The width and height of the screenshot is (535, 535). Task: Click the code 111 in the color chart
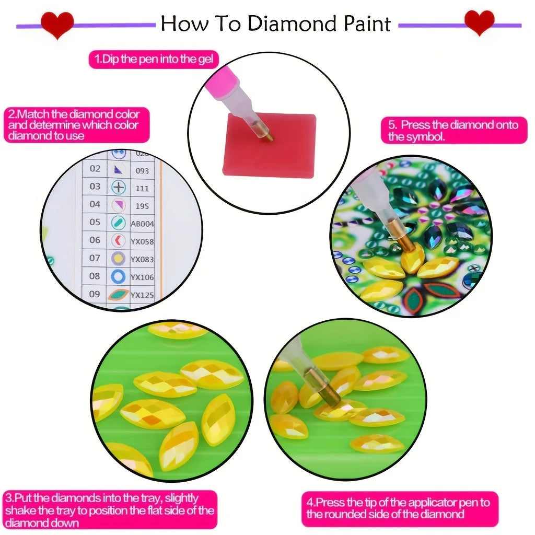click(x=142, y=188)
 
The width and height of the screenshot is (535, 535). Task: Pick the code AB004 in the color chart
click(x=142, y=224)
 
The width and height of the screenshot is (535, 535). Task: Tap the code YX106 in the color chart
click(x=142, y=277)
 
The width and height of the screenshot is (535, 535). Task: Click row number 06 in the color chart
click(x=95, y=240)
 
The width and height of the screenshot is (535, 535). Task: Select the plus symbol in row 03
click(x=119, y=187)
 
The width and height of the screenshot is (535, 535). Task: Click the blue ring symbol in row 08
click(x=119, y=276)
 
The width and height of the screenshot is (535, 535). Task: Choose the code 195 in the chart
click(x=142, y=206)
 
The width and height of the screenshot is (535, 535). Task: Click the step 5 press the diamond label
click(x=453, y=131)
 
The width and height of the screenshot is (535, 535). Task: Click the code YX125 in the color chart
click(x=142, y=295)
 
